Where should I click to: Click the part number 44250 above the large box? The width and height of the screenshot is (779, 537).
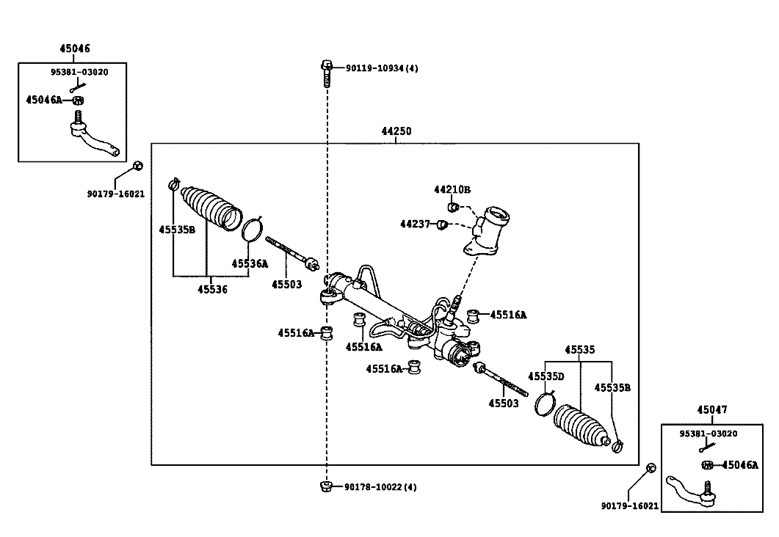[x=396, y=132]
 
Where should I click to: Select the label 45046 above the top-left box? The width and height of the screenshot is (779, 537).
[x=74, y=49]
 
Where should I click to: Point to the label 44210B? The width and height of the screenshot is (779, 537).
[x=452, y=190]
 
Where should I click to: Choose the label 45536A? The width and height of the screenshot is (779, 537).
[x=250, y=263]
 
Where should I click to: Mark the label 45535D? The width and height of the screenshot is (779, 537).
[x=548, y=376]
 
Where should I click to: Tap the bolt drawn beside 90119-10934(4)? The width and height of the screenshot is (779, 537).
[x=325, y=72]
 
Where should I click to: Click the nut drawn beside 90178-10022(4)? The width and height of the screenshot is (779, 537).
[x=325, y=486]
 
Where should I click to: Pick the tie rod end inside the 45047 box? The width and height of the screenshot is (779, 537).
[x=690, y=492]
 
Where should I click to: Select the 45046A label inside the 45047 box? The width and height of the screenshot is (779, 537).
[x=739, y=464]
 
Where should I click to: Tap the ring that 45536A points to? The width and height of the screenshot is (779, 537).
[x=252, y=229]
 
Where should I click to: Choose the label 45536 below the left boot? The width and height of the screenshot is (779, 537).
[x=212, y=289]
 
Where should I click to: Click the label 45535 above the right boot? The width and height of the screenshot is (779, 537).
[x=580, y=350]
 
